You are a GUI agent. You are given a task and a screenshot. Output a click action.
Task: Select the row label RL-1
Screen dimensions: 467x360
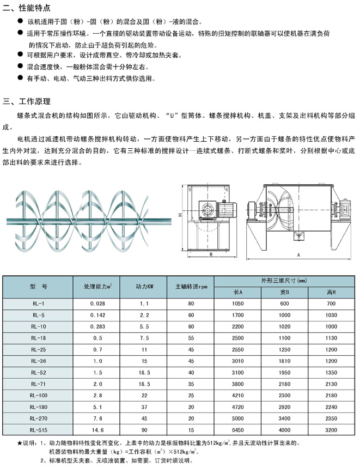point(38,303)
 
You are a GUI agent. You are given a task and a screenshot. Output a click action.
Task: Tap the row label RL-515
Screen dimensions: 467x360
point(38,429)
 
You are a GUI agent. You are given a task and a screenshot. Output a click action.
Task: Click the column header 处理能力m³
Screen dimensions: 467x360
point(97,286)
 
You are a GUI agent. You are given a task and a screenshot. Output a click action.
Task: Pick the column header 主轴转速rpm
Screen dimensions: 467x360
point(191,286)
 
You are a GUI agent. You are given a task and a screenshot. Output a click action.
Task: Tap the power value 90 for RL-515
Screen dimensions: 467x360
point(144,429)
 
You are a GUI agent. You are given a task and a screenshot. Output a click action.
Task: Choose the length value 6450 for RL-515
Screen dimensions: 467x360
point(237,429)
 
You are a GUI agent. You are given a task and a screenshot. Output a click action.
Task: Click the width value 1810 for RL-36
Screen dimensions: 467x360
point(285,360)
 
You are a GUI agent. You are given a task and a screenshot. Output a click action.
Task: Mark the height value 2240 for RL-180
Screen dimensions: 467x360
point(332,407)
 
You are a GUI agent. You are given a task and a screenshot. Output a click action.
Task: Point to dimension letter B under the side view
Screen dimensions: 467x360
point(210,254)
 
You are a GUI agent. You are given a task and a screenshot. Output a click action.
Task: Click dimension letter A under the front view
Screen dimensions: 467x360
point(299,254)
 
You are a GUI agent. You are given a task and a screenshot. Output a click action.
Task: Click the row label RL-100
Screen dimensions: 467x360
point(38,395)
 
